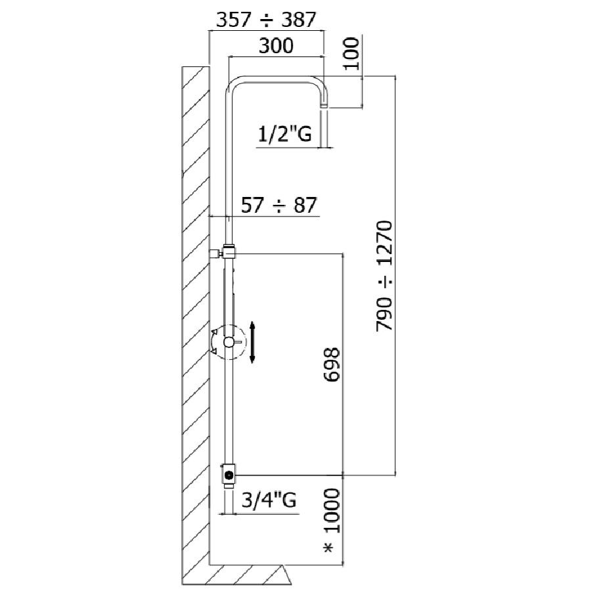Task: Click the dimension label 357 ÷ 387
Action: pyautogui.click(x=266, y=20)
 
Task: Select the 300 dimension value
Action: pyautogui.click(x=276, y=45)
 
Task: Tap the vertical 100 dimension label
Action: pyautogui.click(x=351, y=53)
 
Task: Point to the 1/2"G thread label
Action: pyautogui.click(x=284, y=134)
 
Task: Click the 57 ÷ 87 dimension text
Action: pyautogui.click(x=279, y=206)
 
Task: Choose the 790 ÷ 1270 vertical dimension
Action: pyautogui.click(x=384, y=276)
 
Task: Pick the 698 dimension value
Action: pyautogui.click(x=332, y=365)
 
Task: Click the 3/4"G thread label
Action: pyautogui.click(x=269, y=500)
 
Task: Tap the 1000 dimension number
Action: pyautogui.click(x=332, y=511)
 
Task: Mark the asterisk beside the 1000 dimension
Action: pyautogui.click(x=329, y=548)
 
